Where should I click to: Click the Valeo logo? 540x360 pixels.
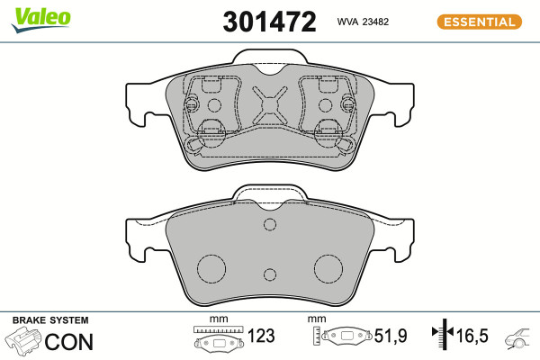click(41, 19)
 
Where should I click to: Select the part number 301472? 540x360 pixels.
click(269, 22)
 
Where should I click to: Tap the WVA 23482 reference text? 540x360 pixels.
click(363, 22)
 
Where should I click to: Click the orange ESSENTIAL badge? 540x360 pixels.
click(479, 22)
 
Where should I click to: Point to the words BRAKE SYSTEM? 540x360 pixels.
click(50, 320)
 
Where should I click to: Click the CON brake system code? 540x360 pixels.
click(69, 342)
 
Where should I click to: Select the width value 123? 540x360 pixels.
click(261, 336)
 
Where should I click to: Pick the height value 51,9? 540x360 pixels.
click(391, 336)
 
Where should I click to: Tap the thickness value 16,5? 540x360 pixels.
click(472, 336)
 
